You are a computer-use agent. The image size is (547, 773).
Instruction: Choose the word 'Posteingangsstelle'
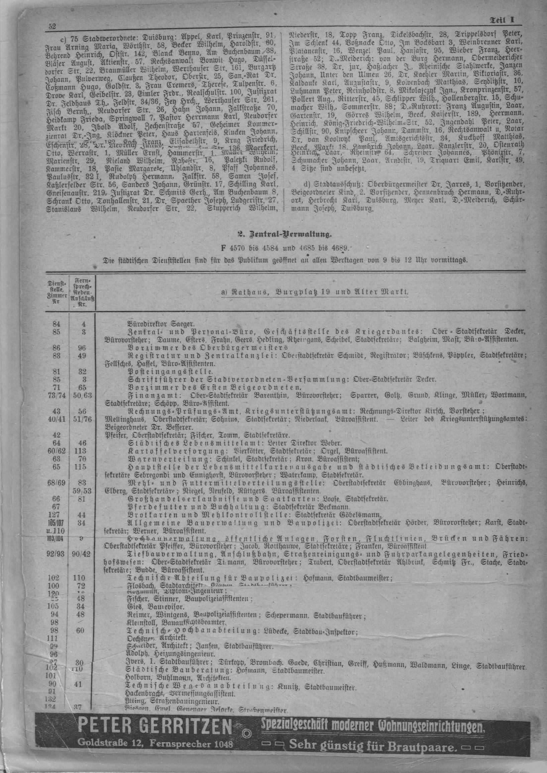point(170,371)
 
